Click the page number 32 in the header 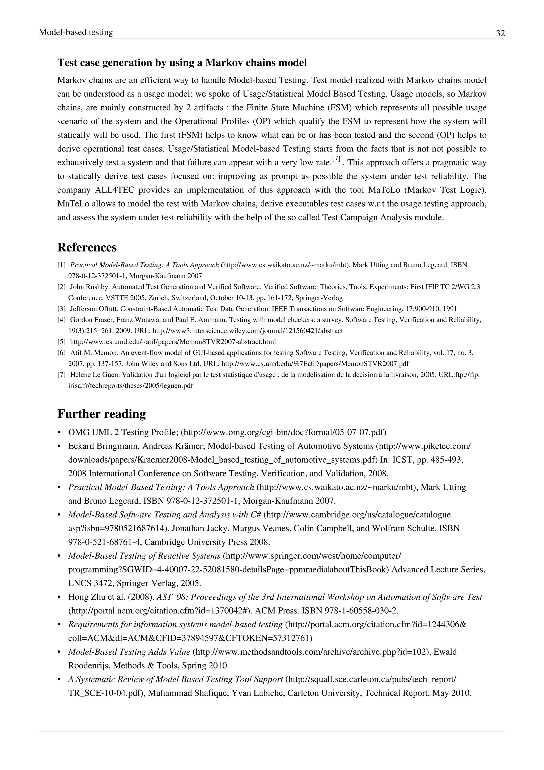(500, 34)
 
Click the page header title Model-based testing (76, 32)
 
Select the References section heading (87, 248)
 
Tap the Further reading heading (101, 414)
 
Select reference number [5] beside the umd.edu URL (62, 342)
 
